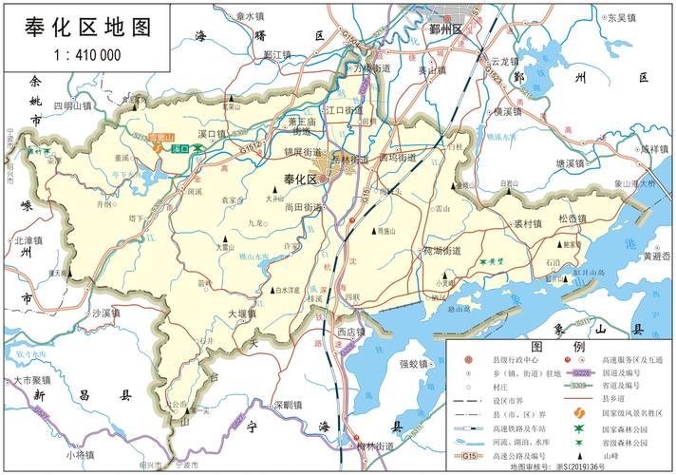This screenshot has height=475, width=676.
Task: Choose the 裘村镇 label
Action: click(527, 224)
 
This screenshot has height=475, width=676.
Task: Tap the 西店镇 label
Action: click(352, 332)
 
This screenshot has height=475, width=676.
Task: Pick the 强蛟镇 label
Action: click(415, 364)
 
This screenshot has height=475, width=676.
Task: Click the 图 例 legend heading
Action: click(551, 346)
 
